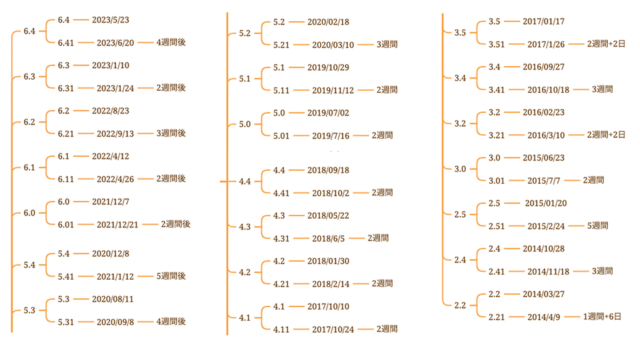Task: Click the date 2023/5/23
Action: pos(110,20)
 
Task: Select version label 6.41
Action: pos(66,43)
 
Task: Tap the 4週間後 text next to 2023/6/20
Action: pos(171,43)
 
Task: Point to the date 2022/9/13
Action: pos(115,134)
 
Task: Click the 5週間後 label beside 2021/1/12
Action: pos(171,276)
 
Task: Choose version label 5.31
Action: pos(66,322)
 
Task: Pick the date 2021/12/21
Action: pos(117,225)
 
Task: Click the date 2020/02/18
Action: pos(328,22)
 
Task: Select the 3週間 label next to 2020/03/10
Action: pos(387,45)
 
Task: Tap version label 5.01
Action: pos(281,136)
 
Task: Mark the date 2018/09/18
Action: pos(328,170)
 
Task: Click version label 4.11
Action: pos(281,330)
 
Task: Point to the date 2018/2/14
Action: pos(330,284)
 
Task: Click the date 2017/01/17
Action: pos(543,22)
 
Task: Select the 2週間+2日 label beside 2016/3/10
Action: pos(606,135)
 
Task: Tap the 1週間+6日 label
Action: pos(602,317)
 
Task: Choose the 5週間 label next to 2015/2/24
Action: pos(597,226)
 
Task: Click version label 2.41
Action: pos(496,272)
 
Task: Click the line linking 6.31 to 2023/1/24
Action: pos(86,88)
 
